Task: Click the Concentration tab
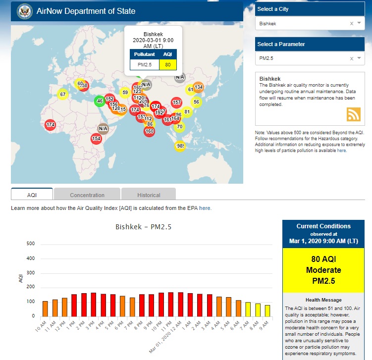coord(87,195)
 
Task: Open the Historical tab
coord(149,195)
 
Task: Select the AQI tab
coord(32,195)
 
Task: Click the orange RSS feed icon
coord(353,114)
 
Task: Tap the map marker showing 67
coord(62,95)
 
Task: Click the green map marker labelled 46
coord(100,101)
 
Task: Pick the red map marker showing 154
coord(97,139)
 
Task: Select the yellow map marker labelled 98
coord(180,146)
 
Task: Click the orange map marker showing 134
coord(198,87)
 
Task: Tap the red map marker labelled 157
coord(176,103)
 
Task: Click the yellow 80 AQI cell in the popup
coord(168,64)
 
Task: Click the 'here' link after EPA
coord(205,208)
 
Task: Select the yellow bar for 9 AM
coord(267,310)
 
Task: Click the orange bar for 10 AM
coord(45,309)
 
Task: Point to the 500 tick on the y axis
coord(31,244)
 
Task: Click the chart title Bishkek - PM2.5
coord(143,227)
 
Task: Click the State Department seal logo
coord(23,11)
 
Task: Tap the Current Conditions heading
coord(323,226)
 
